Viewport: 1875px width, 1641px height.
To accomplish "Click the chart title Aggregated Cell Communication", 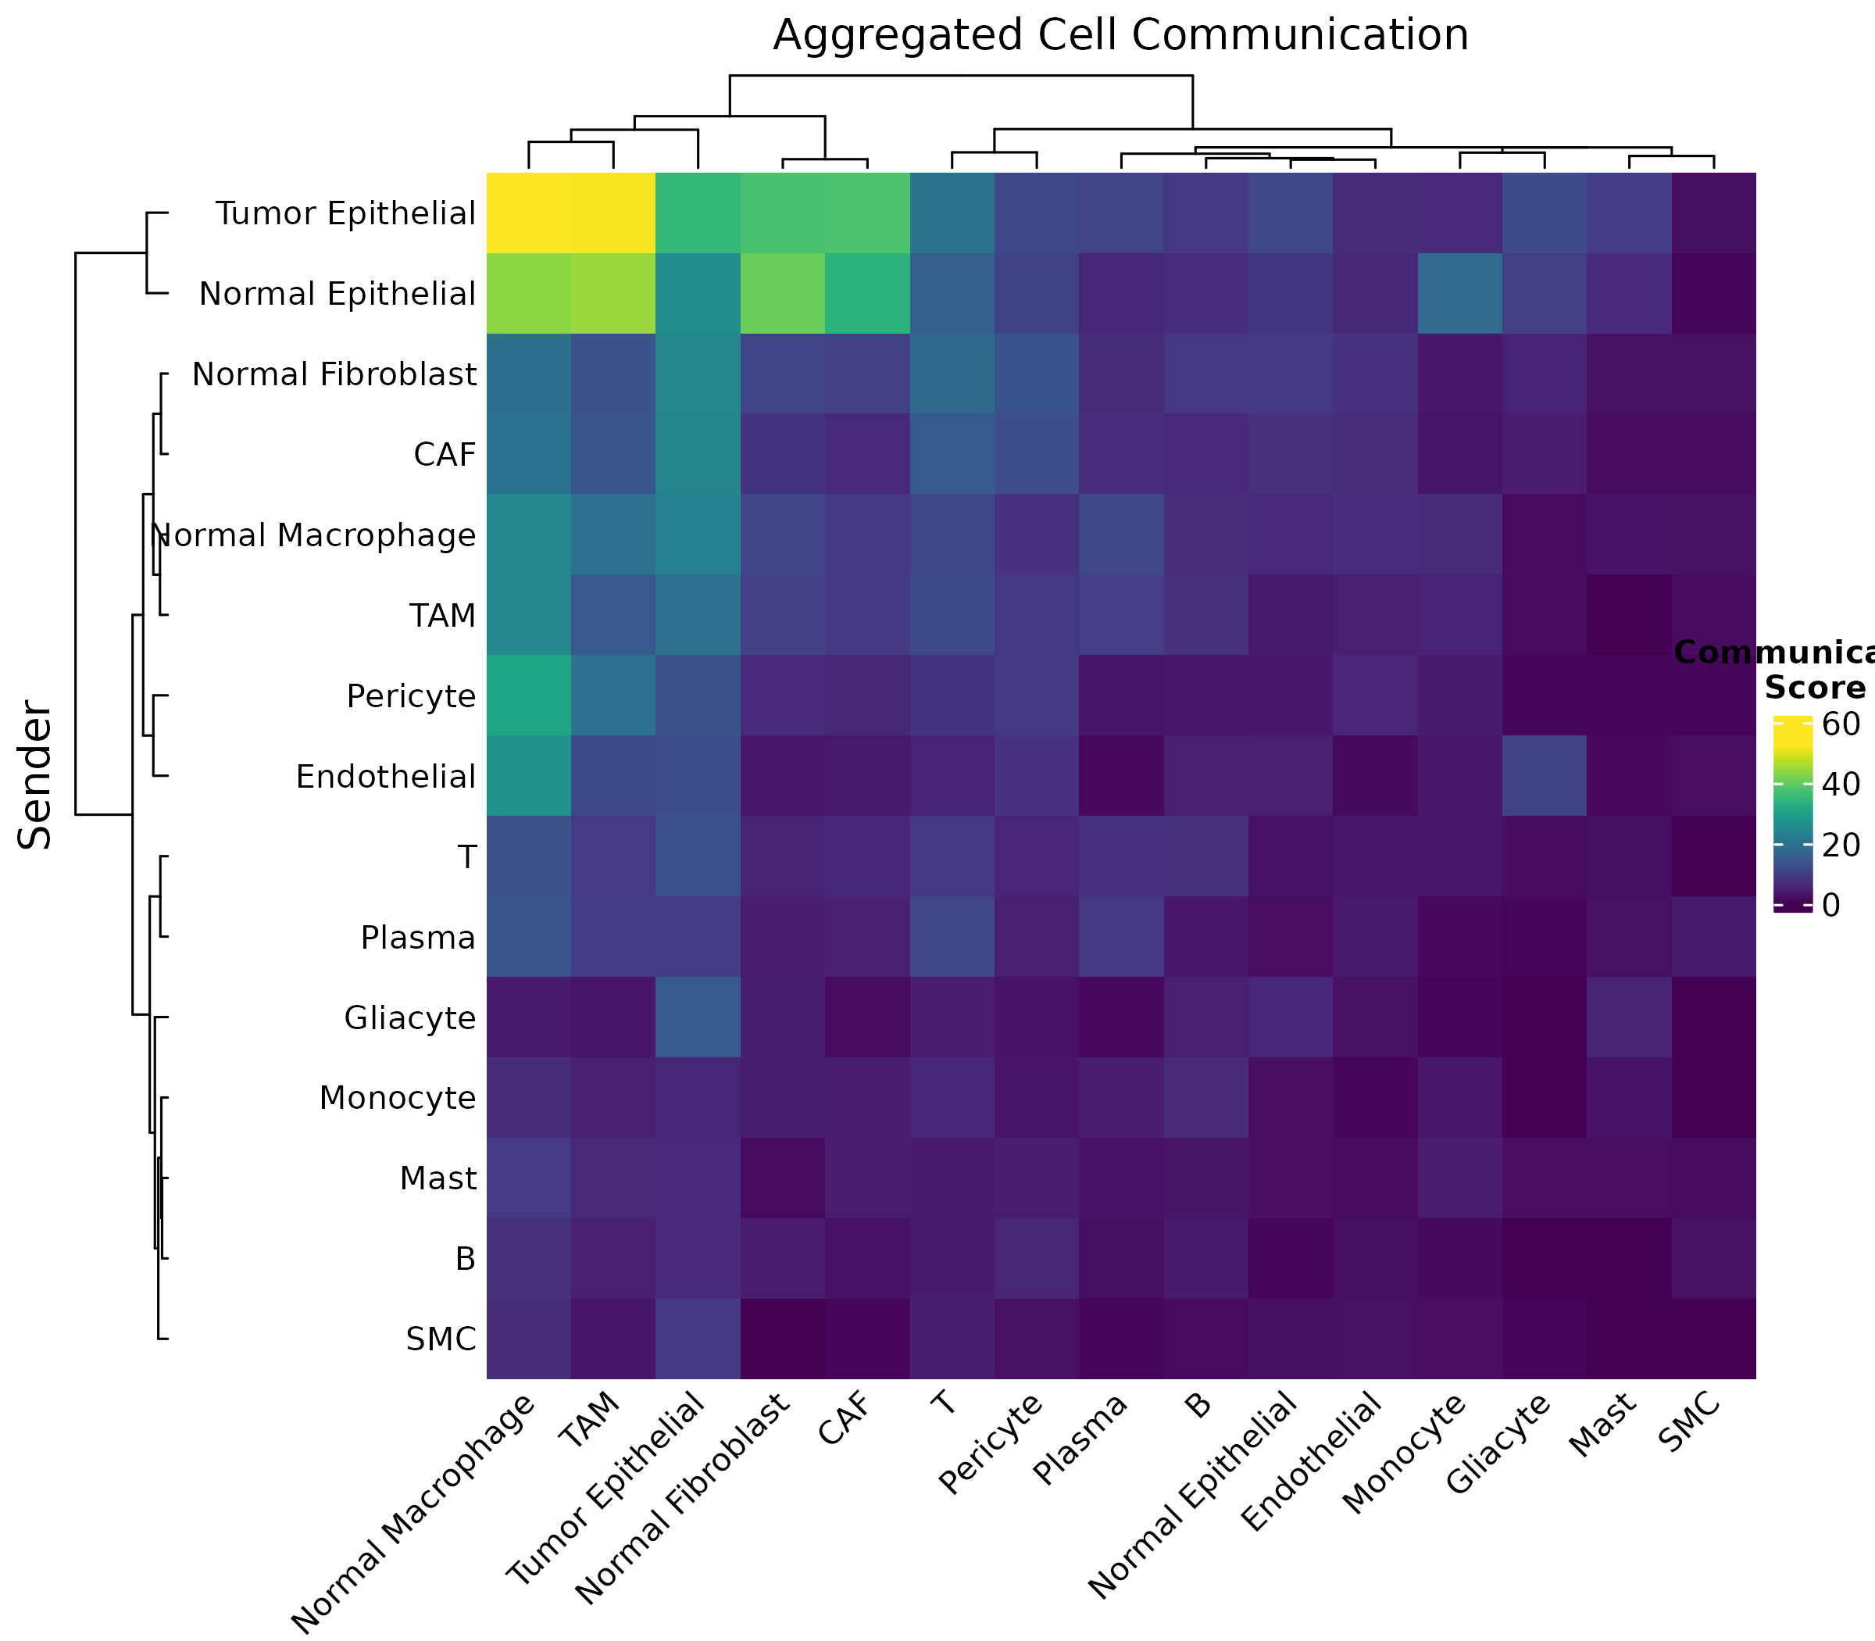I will coord(1120,37).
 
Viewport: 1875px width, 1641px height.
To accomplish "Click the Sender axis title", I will coord(37,774).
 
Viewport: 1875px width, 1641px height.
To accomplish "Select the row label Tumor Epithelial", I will coord(345,214).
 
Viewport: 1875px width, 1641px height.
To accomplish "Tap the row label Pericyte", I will coord(411,697).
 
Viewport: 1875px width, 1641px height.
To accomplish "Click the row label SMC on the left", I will coord(441,1339).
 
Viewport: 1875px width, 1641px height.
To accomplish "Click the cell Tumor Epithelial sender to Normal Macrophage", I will coord(528,213).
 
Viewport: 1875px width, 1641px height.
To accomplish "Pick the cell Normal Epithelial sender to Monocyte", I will coord(1459,293).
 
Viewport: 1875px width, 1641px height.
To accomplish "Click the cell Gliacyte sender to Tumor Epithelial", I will coord(698,1017).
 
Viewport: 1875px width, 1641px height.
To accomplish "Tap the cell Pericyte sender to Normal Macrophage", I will coord(528,695).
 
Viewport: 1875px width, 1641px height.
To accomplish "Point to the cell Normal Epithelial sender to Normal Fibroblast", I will coord(782,293).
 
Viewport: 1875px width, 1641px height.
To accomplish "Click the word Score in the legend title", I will coord(1815,688).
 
